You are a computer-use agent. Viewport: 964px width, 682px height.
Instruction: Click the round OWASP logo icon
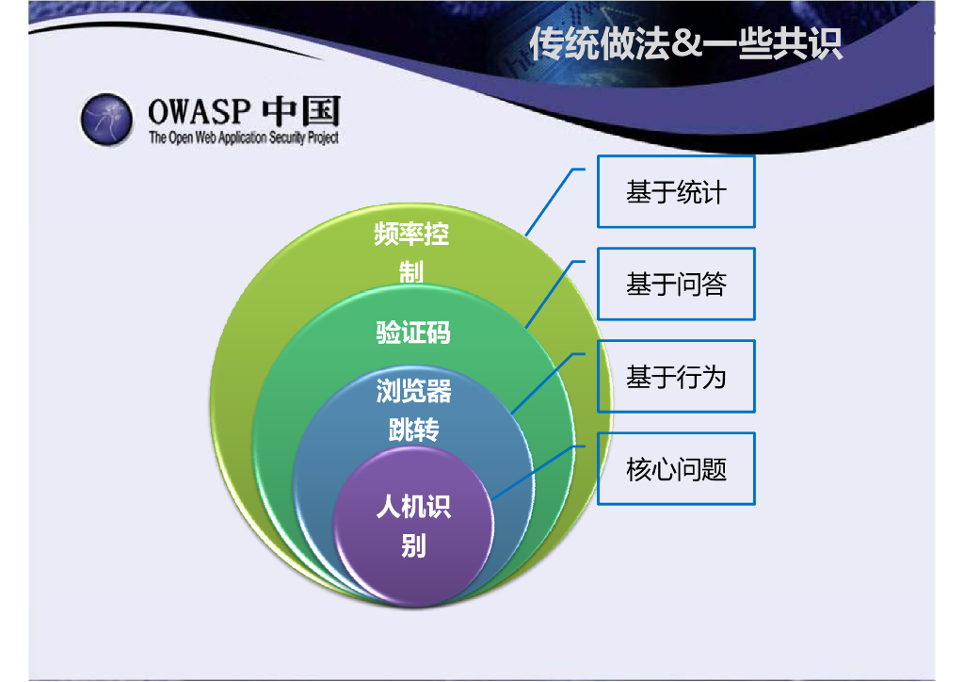[105, 119]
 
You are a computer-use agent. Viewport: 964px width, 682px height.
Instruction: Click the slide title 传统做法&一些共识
[685, 44]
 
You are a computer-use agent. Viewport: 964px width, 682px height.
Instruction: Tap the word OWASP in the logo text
[199, 112]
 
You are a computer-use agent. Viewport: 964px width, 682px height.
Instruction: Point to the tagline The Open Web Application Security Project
[243, 138]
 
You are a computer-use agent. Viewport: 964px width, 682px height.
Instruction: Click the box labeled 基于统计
[676, 192]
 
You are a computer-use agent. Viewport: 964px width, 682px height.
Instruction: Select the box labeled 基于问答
[676, 284]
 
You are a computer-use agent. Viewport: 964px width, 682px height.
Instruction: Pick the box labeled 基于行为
[676, 377]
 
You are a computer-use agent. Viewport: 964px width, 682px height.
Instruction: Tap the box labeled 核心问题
[676, 468]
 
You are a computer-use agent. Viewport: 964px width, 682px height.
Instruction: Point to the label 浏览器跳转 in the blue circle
[413, 411]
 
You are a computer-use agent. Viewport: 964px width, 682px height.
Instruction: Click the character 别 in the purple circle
[413, 545]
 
